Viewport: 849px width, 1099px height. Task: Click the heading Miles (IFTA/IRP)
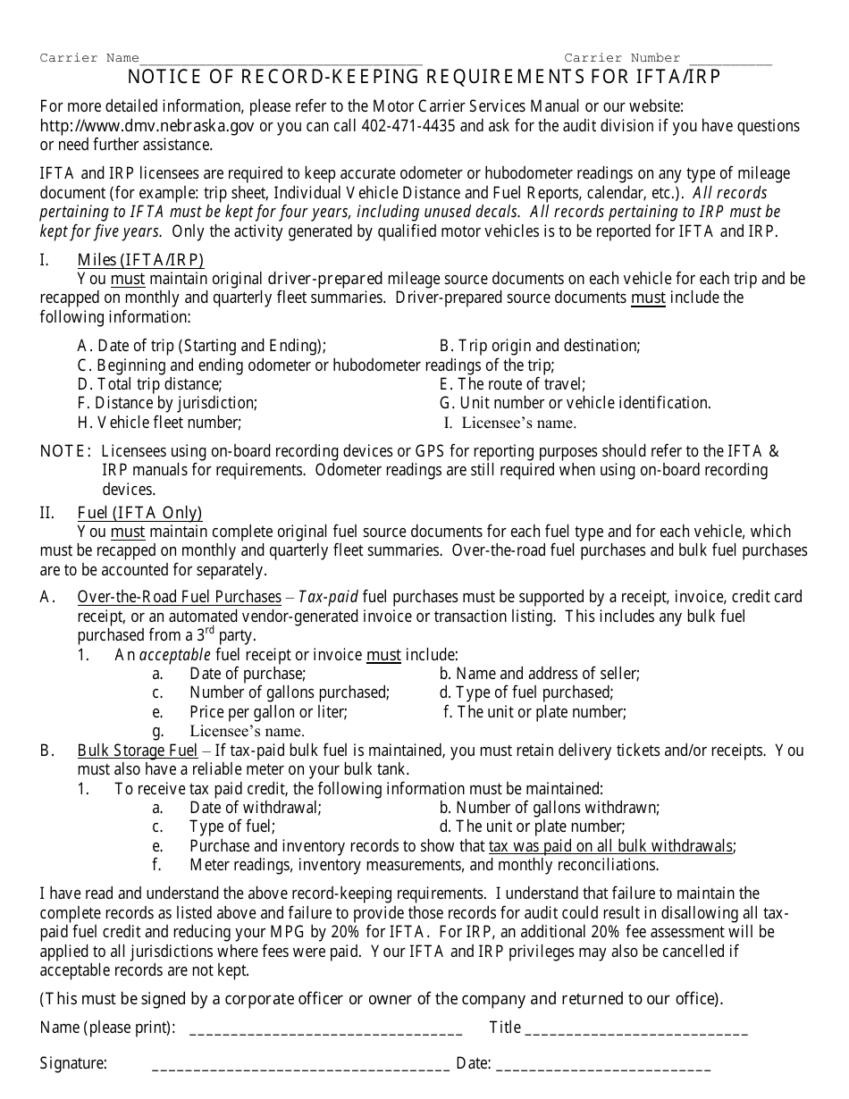[x=140, y=260]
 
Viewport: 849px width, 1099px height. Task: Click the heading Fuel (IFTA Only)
[x=139, y=513]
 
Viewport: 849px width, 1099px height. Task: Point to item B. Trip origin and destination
[x=540, y=346]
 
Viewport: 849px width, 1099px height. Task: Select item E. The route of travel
[x=512, y=384]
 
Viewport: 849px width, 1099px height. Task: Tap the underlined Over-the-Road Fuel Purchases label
[x=179, y=597]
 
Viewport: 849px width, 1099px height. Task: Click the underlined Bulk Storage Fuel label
[x=138, y=751]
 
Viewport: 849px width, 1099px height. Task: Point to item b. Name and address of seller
[x=539, y=674]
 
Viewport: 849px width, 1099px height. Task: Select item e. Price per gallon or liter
[x=268, y=712]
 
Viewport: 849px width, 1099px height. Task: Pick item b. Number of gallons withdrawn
[x=549, y=808]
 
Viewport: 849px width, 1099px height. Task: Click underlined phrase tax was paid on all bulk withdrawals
[x=611, y=846]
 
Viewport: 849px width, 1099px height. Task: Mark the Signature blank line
[x=301, y=1065]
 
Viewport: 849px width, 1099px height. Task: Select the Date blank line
[x=603, y=1065]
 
